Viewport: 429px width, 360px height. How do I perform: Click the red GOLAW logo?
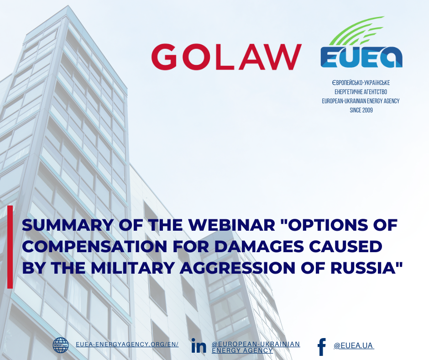[226, 57]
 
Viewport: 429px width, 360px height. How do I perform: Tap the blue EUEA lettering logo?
[361, 57]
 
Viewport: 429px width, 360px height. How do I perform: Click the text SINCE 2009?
[361, 110]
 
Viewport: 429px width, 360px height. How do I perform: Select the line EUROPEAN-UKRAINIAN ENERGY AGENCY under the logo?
[361, 101]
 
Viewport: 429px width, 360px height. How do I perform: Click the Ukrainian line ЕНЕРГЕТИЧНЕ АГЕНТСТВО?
[361, 92]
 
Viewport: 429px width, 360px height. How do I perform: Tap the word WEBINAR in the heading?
[232, 225]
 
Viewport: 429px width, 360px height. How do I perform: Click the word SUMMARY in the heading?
[67, 225]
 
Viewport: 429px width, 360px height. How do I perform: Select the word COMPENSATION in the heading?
[94, 247]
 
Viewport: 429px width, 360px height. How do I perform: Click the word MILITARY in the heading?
[133, 268]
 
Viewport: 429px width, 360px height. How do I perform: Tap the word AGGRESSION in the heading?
[237, 268]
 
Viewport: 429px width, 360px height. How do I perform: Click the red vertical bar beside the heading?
[10, 247]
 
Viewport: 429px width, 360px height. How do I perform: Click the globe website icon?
[61, 345]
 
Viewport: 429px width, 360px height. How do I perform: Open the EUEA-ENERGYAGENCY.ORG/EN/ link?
[127, 344]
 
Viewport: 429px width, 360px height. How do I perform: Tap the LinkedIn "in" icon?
[199, 345]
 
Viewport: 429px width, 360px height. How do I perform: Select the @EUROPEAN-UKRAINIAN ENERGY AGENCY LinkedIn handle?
[256, 347]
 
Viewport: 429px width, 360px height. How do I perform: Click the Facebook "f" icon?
[322, 347]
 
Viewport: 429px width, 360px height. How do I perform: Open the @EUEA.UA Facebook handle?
[354, 346]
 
